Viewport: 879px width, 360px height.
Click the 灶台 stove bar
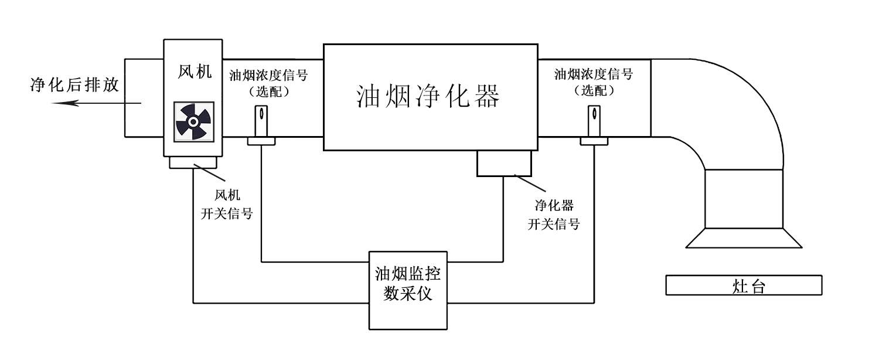pyautogui.click(x=744, y=286)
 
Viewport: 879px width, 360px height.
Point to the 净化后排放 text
pyautogui.click(x=74, y=86)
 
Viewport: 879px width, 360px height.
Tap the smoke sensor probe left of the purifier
pyautogui.click(x=261, y=123)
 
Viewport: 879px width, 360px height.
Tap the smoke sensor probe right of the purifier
pyautogui.click(x=594, y=123)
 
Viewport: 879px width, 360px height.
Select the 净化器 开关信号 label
pyautogui.click(x=554, y=215)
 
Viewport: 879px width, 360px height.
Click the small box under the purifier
pyautogui.click(x=504, y=163)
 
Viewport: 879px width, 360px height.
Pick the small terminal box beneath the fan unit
pyautogui.click(x=193, y=162)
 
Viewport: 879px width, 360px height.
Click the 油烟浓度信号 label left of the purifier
pyautogui.click(x=268, y=75)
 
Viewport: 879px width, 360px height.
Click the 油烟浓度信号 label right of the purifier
pyautogui.click(x=594, y=74)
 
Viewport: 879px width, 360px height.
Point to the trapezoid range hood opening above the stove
pyautogui.click(x=744, y=237)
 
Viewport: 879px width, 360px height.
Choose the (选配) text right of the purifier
pyautogui.click(x=594, y=91)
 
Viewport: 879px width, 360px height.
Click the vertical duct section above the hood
pyautogui.click(x=744, y=198)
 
